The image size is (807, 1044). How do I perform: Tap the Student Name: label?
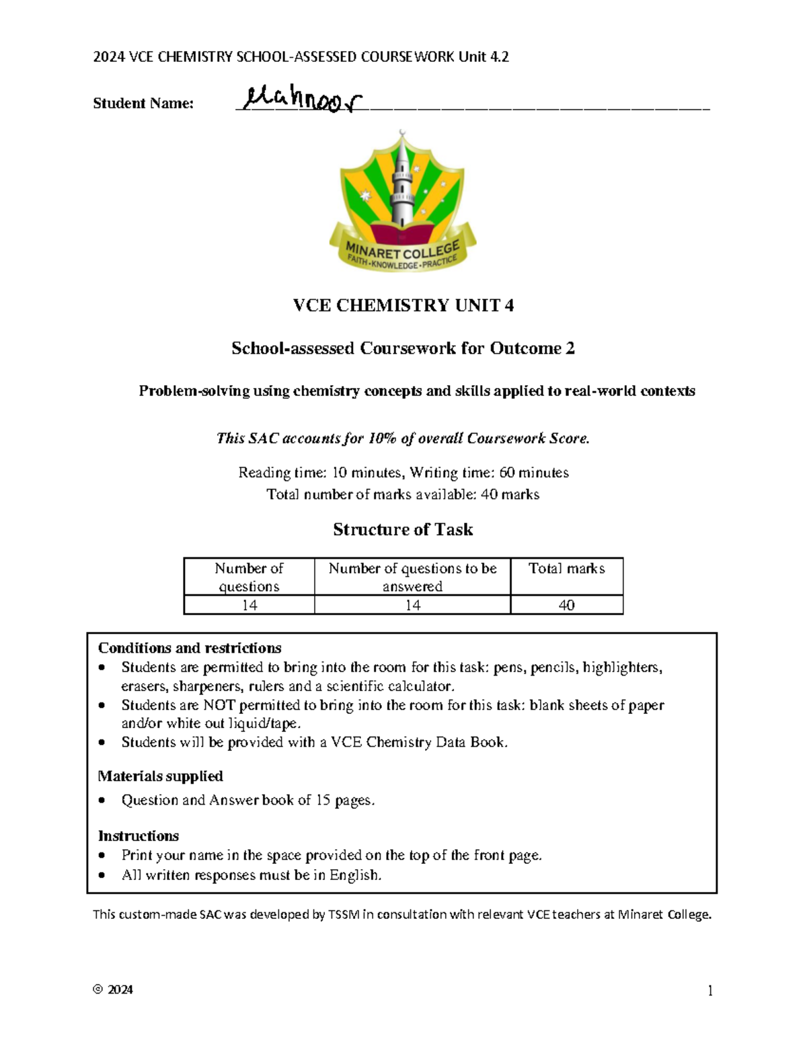pyautogui.click(x=143, y=104)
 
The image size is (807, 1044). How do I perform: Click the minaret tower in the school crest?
pyautogui.click(x=402, y=182)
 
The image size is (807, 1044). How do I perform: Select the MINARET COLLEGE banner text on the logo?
pyautogui.click(x=402, y=253)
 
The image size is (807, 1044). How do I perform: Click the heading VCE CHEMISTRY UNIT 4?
pyautogui.click(x=403, y=306)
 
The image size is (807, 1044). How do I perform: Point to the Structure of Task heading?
pyautogui.click(x=403, y=530)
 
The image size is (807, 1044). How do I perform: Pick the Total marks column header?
pyautogui.click(x=566, y=569)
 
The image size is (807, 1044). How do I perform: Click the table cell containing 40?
pyautogui.click(x=566, y=605)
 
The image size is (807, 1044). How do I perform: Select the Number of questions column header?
pyautogui.click(x=249, y=577)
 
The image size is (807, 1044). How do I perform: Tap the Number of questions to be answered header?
pyautogui.click(x=412, y=577)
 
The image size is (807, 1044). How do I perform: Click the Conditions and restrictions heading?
pyautogui.click(x=190, y=648)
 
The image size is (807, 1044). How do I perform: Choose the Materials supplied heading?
pyautogui.click(x=160, y=776)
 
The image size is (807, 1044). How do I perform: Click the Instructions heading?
pyautogui.click(x=139, y=836)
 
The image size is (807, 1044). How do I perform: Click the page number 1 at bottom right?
pyautogui.click(x=709, y=991)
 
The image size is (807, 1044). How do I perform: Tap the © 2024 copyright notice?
pyautogui.click(x=113, y=990)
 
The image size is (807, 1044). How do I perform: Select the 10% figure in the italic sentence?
pyautogui.click(x=382, y=439)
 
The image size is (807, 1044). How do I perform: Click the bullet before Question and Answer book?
pyautogui.click(x=102, y=801)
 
